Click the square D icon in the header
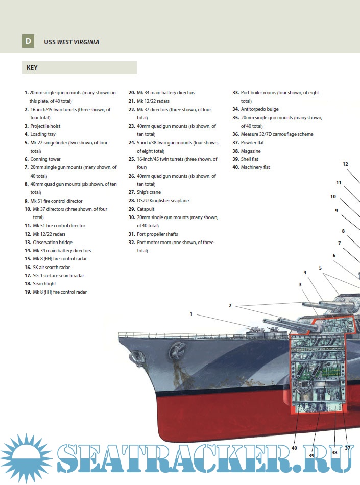click(x=28, y=41)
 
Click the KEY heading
click(x=32, y=68)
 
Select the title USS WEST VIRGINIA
click(x=71, y=42)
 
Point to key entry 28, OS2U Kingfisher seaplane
click(x=162, y=201)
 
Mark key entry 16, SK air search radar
click(x=51, y=267)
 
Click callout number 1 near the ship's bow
click(x=191, y=314)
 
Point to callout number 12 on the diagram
click(x=345, y=164)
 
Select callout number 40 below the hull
click(x=294, y=448)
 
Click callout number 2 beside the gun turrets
click(x=230, y=306)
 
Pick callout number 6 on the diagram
click(x=334, y=256)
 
